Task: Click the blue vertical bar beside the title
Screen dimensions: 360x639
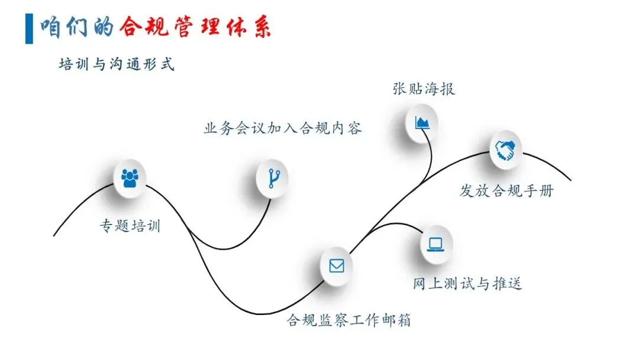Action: point(29,27)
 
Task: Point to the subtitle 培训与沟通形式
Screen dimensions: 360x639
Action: point(117,64)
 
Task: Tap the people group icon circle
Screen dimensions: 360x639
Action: point(130,177)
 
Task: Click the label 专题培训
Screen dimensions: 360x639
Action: point(130,226)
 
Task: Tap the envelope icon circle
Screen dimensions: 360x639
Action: point(336,266)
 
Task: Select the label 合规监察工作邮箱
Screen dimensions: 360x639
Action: point(348,321)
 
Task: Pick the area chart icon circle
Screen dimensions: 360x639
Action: point(422,123)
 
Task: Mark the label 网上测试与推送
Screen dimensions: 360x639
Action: point(467,284)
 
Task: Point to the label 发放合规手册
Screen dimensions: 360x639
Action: point(506,191)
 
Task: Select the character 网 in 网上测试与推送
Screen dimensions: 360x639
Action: point(420,284)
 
